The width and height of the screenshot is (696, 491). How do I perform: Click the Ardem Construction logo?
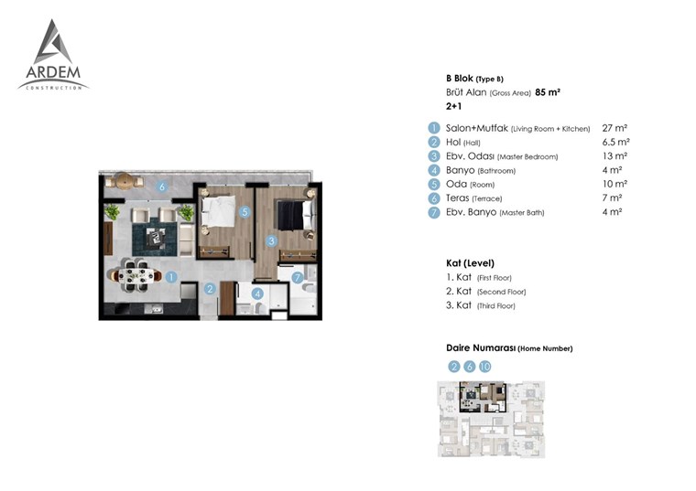(53, 55)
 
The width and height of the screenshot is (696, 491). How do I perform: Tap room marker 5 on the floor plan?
(245, 212)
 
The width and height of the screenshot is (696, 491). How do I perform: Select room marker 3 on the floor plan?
(272, 241)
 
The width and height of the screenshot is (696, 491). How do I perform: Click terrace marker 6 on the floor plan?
(162, 187)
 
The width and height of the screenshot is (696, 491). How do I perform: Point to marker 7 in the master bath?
(298, 278)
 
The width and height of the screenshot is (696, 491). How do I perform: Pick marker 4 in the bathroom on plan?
(257, 294)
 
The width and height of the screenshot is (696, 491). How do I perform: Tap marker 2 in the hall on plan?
(210, 289)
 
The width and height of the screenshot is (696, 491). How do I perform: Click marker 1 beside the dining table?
(171, 277)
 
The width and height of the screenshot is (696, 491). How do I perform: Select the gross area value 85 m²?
(548, 92)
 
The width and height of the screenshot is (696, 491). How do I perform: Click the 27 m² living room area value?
(614, 128)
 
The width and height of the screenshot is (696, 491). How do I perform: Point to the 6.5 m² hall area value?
(615, 143)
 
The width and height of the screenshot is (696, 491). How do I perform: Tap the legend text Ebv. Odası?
(470, 156)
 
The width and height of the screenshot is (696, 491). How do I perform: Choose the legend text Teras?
(457, 198)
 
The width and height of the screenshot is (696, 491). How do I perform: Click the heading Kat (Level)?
(470, 263)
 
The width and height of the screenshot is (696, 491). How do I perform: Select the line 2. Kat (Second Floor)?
(485, 292)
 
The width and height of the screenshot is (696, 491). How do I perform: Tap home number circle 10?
(485, 367)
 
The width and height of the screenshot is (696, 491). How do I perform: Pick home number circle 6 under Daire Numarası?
(469, 367)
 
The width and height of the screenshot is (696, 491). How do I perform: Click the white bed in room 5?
(218, 211)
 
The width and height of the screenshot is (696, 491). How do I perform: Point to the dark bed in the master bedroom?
(295, 215)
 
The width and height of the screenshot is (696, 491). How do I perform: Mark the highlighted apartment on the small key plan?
(483, 397)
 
